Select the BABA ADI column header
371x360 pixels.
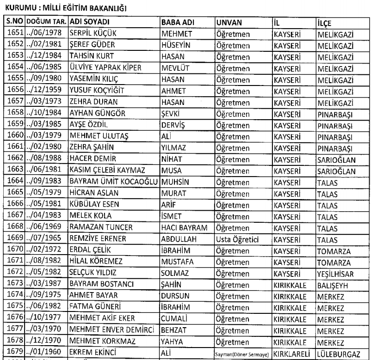pos(175,22)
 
